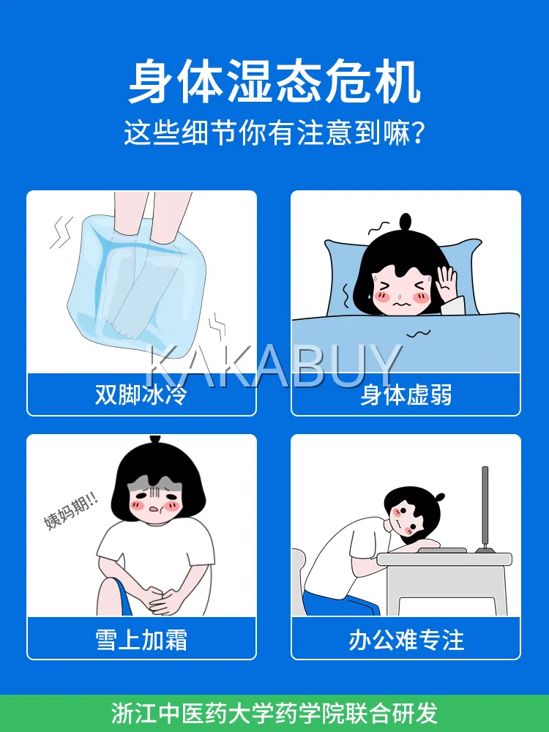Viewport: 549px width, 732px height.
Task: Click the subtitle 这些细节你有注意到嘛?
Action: coord(274,132)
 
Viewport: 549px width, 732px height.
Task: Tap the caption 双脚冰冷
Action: coord(141,395)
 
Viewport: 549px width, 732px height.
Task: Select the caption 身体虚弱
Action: coord(406,395)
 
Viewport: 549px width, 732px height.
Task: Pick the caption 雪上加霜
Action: coord(141,640)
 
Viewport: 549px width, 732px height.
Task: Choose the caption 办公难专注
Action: coord(406,640)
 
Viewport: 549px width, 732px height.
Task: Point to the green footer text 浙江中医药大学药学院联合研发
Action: coord(274,713)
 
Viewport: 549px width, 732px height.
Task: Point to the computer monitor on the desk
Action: coord(485,509)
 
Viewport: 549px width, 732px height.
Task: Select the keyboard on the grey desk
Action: coord(441,550)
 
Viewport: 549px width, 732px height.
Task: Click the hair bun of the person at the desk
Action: coord(438,497)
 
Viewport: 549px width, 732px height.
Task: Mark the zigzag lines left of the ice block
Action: coord(61,232)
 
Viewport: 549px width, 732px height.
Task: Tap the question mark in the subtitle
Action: coord(418,132)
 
